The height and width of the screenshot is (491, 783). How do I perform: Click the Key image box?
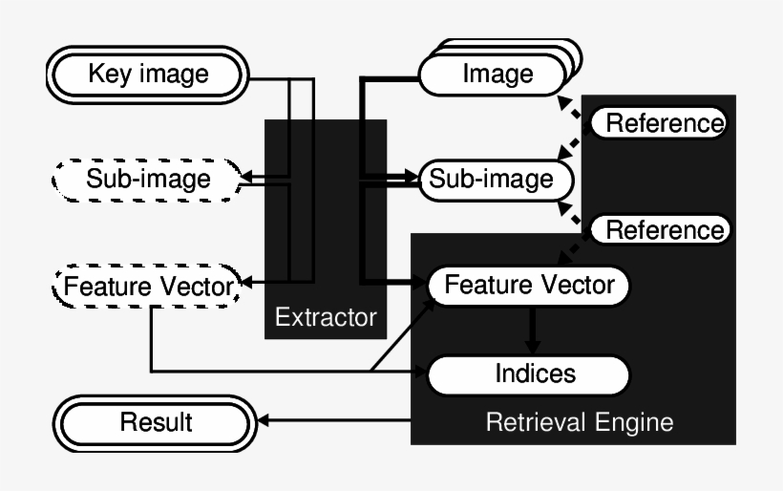(x=148, y=75)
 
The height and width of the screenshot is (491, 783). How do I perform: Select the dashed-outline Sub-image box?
(x=148, y=179)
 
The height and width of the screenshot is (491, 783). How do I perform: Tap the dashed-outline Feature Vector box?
(x=148, y=286)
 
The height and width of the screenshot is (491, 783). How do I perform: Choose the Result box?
(x=156, y=422)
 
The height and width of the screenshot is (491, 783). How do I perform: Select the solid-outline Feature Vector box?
(x=529, y=285)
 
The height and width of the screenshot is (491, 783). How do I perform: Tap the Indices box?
(x=529, y=374)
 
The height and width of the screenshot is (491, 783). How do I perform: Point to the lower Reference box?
(x=660, y=230)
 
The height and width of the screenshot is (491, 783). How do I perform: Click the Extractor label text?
(x=326, y=316)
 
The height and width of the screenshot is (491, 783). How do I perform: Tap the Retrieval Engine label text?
(x=579, y=421)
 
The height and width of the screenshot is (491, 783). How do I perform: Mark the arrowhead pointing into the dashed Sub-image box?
(x=246, y=178)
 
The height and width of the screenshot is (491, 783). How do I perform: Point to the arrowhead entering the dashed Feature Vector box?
(x=246, y=284)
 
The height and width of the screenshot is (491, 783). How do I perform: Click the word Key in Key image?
(x=107, y=74)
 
